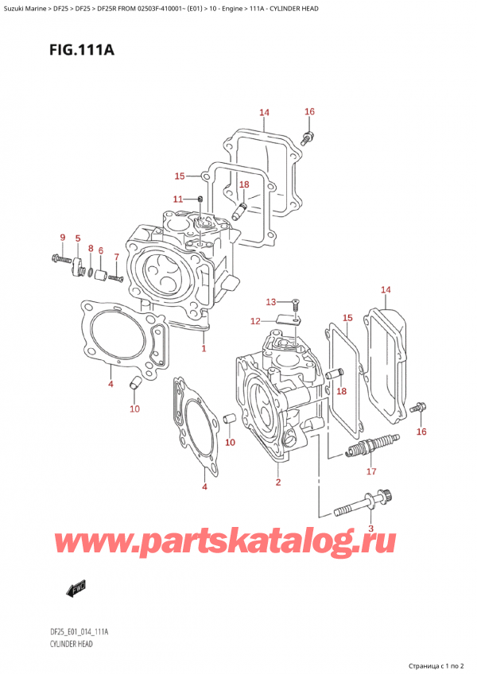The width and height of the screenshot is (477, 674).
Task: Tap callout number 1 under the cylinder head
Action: click(204, 348)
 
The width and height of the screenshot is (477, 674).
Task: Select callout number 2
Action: click(277, 482)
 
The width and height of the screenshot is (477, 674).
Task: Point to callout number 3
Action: click(370, 529)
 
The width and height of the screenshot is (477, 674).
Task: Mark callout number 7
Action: click(116, 257)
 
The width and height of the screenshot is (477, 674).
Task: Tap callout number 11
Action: click(177, 199)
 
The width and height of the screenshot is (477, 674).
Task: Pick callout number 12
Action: click(254, 321)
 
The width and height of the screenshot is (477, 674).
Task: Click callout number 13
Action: click(270, 301)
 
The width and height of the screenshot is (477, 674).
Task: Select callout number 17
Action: click(370, 471)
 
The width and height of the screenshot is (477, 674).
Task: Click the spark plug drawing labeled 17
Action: click(370, 447)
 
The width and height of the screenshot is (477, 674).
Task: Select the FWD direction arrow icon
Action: click(76, 589)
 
